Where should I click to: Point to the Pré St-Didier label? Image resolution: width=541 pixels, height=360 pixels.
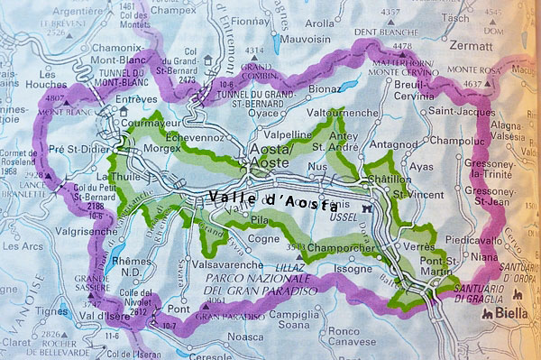78,148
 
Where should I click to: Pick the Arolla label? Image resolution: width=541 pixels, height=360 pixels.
319,23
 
